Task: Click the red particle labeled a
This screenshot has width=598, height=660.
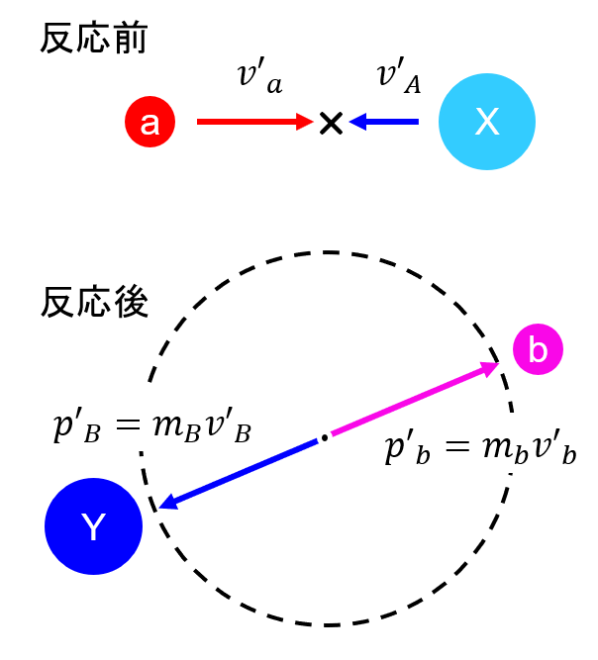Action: (x=149, y=122)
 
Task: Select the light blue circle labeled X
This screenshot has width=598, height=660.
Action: (x=487, y=122)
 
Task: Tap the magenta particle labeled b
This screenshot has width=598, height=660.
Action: (x=538, y=349)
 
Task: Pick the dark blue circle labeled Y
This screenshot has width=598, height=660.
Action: (x=93, y=526)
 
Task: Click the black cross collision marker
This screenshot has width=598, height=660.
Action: (x=331, y=123)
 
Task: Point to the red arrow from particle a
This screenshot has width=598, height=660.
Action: (x=255, y=122)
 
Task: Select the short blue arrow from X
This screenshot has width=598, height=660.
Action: (x=383, y=122)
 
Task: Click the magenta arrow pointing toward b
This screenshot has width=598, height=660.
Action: (x=415, y=398)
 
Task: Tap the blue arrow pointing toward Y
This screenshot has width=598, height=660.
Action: (x=239, y=474)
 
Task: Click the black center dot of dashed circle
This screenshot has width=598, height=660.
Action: (x=325, y=437)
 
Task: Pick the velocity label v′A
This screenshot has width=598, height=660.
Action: (x=399, y=75)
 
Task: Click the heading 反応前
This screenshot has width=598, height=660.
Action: (x=93, y=39)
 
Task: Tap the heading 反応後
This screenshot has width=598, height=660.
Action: (x=94, y=302)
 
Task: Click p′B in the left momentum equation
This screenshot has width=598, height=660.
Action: (x=77, y=427)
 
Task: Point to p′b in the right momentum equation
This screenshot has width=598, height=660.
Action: (x=408, y=449)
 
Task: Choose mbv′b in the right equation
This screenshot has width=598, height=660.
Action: (x=530, y=449)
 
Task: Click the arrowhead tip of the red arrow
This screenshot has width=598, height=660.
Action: (x=314, y=122)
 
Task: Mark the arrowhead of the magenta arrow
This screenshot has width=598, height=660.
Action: (x=491, y=368)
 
